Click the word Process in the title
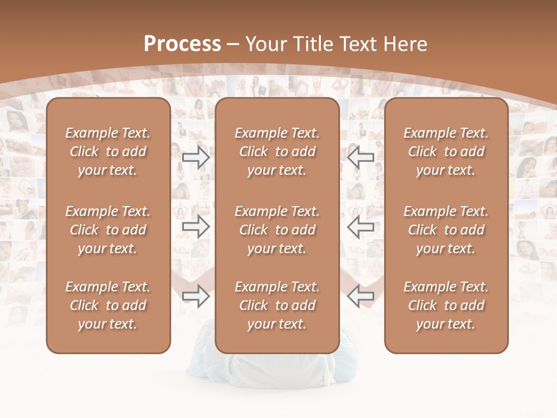182,44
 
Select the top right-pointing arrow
196,157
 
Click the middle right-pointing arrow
196,227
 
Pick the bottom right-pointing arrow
196,297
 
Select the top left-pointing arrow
360,157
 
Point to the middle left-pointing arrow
360,227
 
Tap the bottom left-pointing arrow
360,297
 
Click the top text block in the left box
108,152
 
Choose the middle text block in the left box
108,230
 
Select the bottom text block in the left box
108,305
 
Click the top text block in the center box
277,152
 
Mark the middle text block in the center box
277,230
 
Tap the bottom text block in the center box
277,305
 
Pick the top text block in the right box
446,152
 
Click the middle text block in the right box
446,230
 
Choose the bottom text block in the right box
446,305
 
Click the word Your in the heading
265,44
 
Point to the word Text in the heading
357,44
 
